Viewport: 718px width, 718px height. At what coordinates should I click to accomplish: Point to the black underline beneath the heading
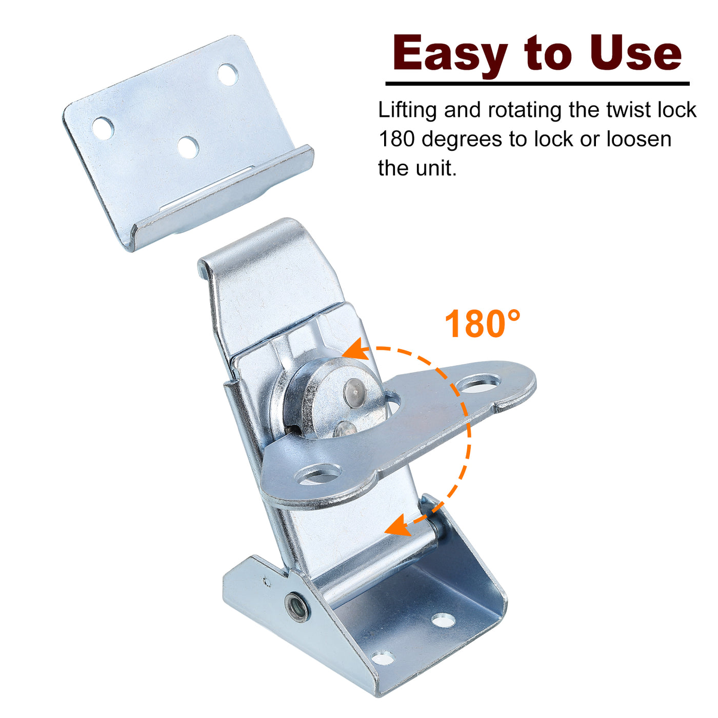(537, 84)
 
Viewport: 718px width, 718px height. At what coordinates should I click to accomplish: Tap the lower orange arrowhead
(399, 525)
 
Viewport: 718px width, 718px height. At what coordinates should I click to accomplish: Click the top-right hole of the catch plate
(227, 74)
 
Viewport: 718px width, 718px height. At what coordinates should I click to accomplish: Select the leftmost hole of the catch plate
(103, 128)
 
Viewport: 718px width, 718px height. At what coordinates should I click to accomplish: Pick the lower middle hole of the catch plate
(188, 147)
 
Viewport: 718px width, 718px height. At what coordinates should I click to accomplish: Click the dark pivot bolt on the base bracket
(297, 607)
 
